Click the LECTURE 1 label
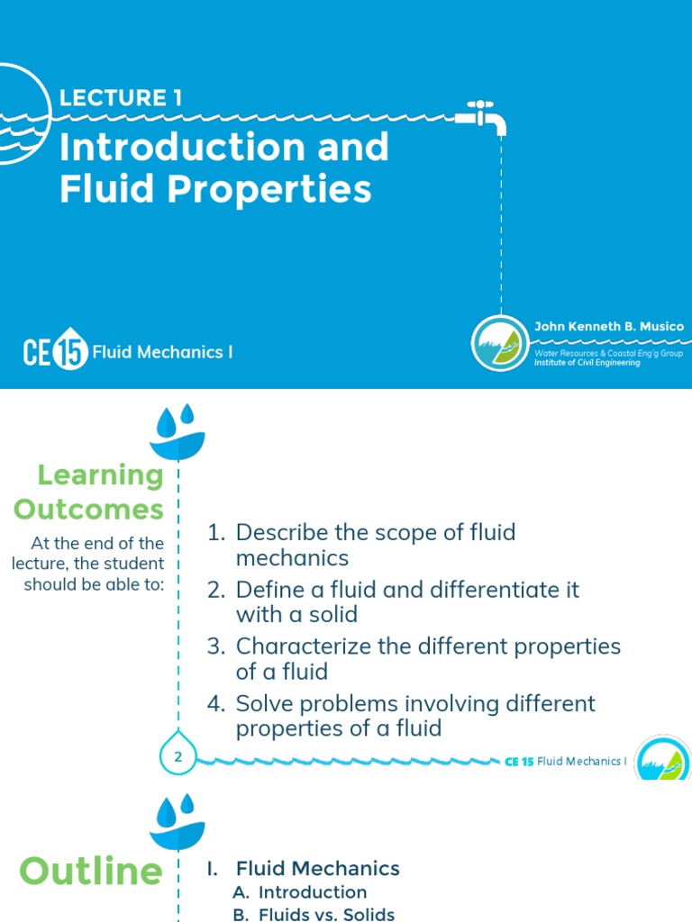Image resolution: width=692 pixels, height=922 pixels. tap(121, 98)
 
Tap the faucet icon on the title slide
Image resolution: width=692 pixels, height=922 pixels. tap(482, 116)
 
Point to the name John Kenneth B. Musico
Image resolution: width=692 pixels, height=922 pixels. tap(608, 326)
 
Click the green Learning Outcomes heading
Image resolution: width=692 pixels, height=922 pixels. tap(88, 492)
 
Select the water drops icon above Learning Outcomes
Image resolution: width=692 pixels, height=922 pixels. tap(178, 431)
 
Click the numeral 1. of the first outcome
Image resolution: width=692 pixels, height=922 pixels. tap(215, 532)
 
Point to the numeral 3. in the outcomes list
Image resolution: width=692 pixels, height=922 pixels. tap(215, 646)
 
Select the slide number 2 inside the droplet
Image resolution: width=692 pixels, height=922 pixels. tap(178, 757)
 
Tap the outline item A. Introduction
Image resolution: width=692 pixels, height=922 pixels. tap(299, 892)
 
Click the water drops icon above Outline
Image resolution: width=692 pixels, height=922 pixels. tap(178, 820)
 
